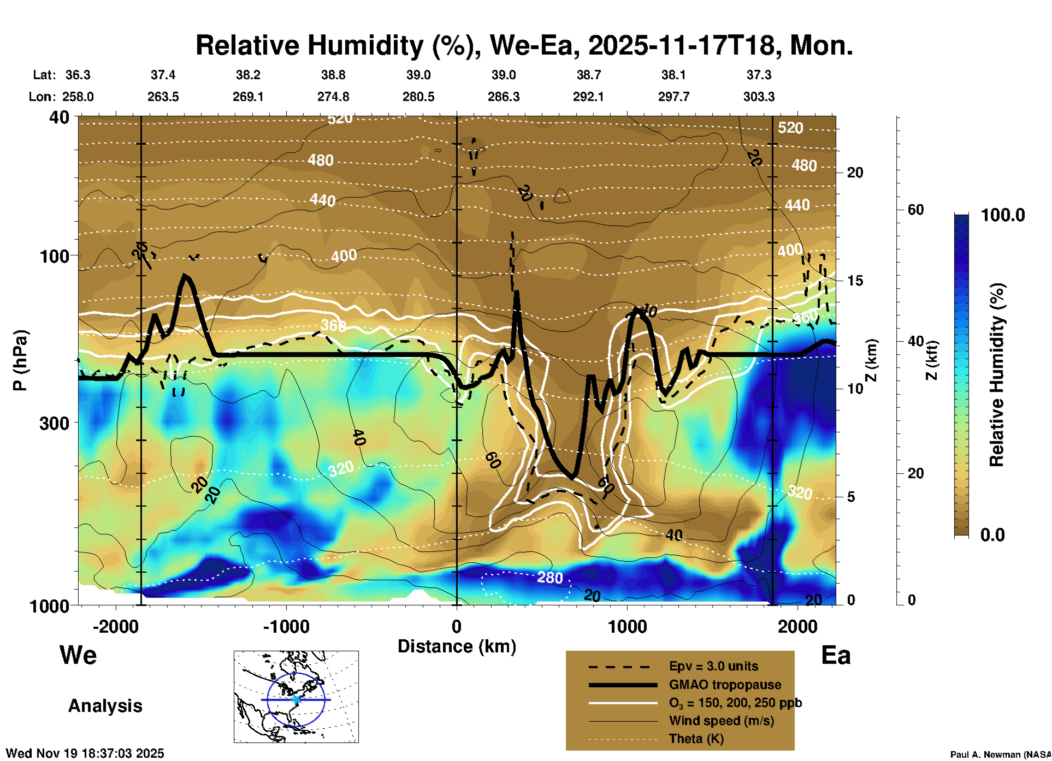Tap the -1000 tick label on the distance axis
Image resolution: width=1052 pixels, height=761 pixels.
(x=286, y=627)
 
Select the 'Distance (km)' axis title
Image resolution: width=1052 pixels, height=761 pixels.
(x=457, y=646)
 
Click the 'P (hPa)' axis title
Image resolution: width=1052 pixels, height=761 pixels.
(x=20, y=360)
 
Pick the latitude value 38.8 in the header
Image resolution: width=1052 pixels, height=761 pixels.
(x=333, y=75)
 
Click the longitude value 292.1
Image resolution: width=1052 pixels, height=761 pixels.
(x=588, y=97)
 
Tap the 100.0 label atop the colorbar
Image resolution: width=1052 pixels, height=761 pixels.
(x=1003, y=215)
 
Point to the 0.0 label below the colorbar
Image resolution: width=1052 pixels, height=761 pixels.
(x=992, y=534)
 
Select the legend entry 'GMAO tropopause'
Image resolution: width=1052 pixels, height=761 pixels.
(x=725, y=685)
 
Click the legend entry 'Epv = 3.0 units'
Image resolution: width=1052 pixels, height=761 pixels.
(x=713, y=666)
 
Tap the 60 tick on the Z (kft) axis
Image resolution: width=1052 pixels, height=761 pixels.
(x=915, y=210)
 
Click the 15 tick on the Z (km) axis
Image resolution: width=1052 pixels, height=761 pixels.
(x=855, y=281)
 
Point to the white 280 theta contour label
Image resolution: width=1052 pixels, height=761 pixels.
(x=549, y=577)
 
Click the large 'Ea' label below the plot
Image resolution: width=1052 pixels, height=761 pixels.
(x=836, y=655)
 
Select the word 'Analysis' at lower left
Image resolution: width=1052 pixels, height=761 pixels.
(x=105, y=705)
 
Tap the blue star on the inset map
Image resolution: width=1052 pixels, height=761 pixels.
(x=296, y=699)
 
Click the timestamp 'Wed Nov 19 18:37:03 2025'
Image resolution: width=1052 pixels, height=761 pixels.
(x=85, y=753)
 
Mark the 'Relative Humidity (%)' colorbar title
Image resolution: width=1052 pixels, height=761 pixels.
(x=997, y=374)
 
